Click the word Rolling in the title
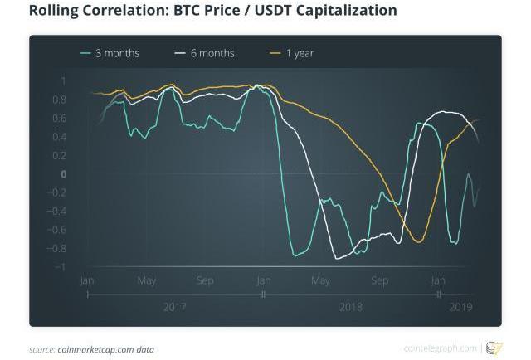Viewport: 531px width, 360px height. point(56,12)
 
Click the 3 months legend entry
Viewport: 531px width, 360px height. point(117,54)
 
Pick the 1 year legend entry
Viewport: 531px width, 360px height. point(300,54)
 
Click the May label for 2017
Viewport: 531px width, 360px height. point(147,280)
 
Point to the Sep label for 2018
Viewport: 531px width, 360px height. point(380,280)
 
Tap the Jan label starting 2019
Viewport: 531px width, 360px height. point(438,280)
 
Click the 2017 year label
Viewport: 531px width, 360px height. point(175,308)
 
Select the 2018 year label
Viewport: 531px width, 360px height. point(351,308)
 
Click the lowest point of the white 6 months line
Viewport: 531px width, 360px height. point(338,259)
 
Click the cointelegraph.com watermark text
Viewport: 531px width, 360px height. point(441,348)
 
